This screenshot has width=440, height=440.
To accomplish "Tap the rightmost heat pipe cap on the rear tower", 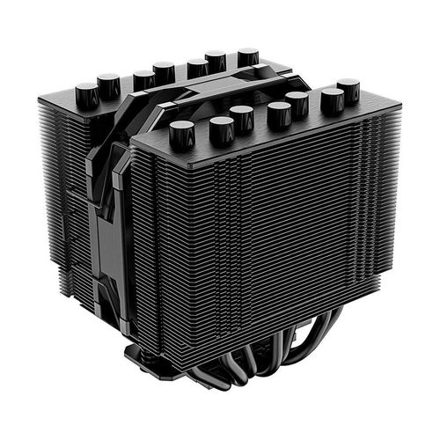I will (x=248, y=57).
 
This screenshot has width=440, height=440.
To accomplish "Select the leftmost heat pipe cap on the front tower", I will (x=181, y=132).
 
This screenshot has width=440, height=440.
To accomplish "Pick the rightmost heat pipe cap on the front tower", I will (x=348, y=88).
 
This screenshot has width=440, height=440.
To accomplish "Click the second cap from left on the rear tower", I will (x=108, y=84).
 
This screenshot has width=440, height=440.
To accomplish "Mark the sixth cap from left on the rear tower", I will (x=216, y=61).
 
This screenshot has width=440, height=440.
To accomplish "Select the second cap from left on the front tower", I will (x=222, y=128).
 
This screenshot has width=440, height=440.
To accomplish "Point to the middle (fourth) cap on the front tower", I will (x=279, y=112).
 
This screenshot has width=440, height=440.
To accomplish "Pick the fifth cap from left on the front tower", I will (x=297, y=102).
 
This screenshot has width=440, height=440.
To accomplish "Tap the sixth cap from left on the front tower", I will (x=333, y=99).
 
